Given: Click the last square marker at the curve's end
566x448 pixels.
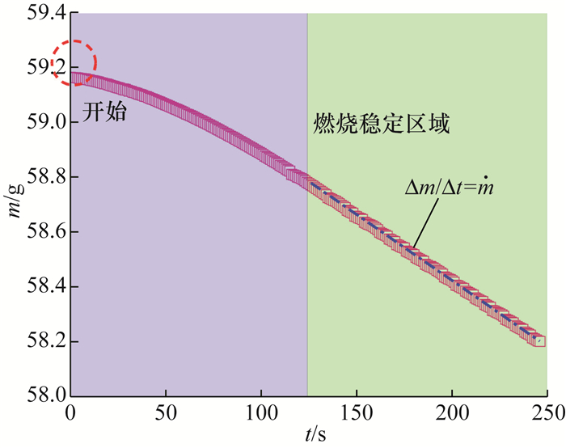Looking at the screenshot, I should (x=539, y=341).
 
